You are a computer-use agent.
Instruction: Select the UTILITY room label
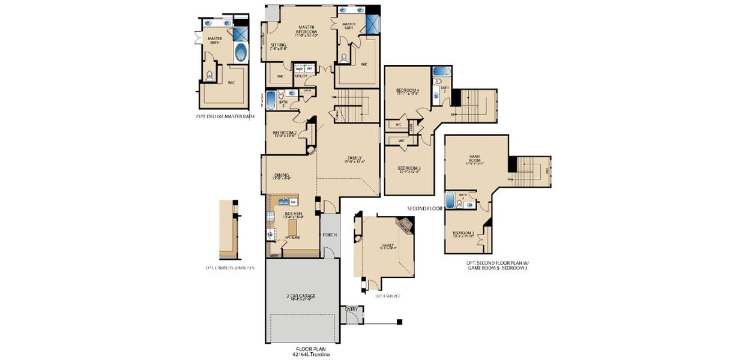coord(300,76)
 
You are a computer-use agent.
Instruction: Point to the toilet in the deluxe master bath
coord(210,76)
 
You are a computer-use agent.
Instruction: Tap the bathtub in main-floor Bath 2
coord(271,100)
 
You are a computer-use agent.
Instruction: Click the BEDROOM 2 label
coord(284,133)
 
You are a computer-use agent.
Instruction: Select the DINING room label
coord(282,176)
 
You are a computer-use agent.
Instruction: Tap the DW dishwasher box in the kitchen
coord(294,202)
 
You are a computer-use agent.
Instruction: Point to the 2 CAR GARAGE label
coord(301,296)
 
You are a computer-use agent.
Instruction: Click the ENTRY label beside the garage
coord(351,310)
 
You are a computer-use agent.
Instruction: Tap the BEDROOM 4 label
coord(407,91)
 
